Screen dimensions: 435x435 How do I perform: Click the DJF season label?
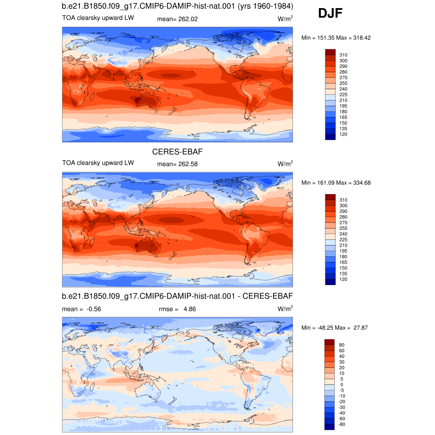tap(330, 13)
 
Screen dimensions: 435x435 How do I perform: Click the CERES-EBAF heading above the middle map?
tap(177, 152)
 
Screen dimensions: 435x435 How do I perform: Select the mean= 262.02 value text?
tap(177, 19)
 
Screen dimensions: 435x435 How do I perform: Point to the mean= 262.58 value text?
tap(177, 164)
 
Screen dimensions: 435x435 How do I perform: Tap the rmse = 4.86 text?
tap(177, 309)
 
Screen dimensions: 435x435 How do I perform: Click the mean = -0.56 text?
tap(81, 309)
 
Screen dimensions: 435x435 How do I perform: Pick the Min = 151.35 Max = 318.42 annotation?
tap(336, 38)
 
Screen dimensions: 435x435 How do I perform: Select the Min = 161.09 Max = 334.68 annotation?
tap(336, 183)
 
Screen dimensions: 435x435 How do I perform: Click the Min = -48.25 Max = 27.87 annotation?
tap(335, 328)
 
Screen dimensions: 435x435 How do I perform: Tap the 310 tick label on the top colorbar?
tap(343, 55)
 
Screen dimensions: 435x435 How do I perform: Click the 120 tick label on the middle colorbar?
tap(343, 280)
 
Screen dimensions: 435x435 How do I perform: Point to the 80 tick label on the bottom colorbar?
tap(342, 345)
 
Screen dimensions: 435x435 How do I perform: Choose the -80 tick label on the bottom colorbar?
tap(342, 424)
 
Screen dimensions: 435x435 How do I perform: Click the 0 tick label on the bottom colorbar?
tap(342, 384)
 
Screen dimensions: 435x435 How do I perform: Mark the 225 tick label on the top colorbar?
tap(343, 95)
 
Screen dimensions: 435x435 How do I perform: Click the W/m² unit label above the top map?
tap(285, 19)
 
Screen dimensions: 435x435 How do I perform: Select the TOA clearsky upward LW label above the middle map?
tap(98, 163)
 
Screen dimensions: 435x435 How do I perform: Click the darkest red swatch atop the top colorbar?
tap(330, 52)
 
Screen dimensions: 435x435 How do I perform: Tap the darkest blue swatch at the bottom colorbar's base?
tap(330, 427)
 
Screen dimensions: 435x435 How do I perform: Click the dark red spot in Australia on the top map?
tap(138, 100)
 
